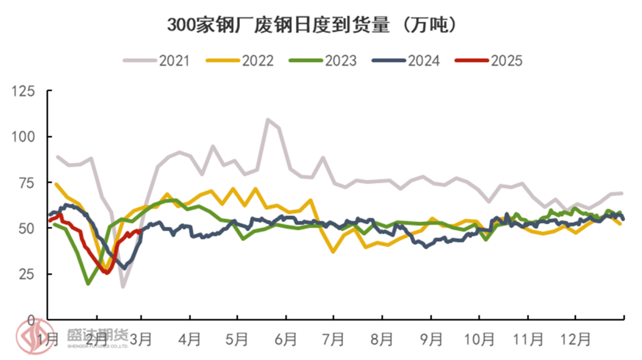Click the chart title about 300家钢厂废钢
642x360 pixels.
314,25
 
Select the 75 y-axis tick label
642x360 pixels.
27,182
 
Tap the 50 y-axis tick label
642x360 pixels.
27,228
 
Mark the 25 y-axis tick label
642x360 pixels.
27,274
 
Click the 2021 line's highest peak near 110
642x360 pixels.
267,119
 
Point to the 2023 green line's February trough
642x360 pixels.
88,284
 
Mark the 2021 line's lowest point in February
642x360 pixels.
123,287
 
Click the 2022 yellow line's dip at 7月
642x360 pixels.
333,252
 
